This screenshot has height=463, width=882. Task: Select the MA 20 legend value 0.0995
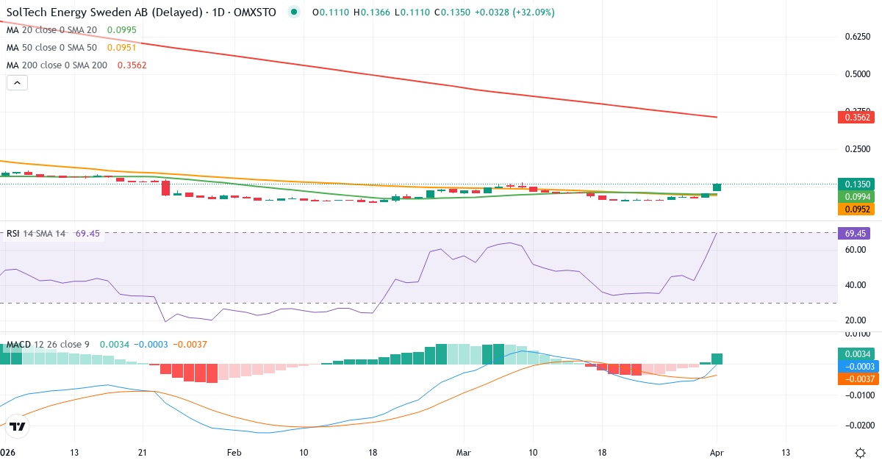point(121,30)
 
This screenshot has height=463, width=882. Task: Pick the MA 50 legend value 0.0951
point(121,48)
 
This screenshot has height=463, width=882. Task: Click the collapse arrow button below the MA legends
point(17,82)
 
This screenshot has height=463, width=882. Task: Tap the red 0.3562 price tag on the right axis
point(858,118)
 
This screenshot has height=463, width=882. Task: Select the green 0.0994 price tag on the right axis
point(858,197)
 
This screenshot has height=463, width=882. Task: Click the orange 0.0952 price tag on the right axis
point(858,209)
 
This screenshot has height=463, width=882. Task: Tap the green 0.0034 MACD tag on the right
point(858,353)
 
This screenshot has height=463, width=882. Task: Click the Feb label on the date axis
point(234,452)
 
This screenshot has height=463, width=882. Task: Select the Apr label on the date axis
point(716,452)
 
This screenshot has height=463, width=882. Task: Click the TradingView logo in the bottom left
point(18,426)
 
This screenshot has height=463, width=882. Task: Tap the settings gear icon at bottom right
point(860,452)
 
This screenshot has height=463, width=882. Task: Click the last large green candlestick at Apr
point(717,187)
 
